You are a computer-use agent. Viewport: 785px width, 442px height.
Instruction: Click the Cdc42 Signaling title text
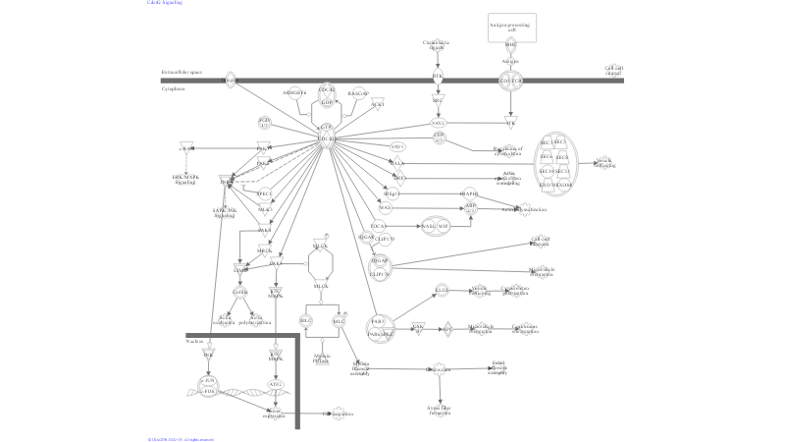coord(165,3)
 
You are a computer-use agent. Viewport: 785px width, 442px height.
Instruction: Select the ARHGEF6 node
coord(294,93)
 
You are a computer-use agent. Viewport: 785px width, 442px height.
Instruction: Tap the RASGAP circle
coord(357,94)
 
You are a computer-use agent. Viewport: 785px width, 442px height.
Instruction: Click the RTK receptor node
coord(439,77)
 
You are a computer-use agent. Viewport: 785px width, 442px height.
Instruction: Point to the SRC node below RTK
coord(439,99)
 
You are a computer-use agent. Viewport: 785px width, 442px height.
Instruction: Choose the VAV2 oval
coord(439,123)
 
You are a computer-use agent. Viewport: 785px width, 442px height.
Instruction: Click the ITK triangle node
coord(510,123)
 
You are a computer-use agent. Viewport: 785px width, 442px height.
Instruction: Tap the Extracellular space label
coord(182,73)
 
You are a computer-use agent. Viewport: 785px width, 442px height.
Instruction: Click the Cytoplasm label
coord(175,88)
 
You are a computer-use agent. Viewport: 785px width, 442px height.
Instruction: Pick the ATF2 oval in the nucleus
coord(276,384)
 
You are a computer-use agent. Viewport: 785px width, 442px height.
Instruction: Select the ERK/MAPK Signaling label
coord(185,180)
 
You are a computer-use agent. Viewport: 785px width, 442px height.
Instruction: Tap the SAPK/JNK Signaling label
coord(225,212)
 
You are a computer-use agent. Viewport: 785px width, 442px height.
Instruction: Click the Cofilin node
coord(240,292)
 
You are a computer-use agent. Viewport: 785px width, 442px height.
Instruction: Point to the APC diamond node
coord(447,329)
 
